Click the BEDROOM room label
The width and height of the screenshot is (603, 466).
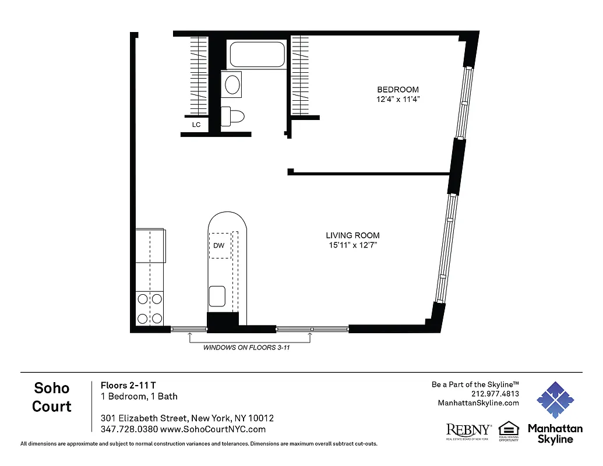click(398, 89)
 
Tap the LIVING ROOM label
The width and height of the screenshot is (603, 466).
click(352, 235)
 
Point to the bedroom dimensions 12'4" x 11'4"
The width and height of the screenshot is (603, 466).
click(398, 100)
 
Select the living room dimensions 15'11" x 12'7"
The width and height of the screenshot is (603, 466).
click(352, 245)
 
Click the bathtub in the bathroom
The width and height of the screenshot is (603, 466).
click(257, 54)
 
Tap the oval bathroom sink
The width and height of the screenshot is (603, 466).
click(232, 84)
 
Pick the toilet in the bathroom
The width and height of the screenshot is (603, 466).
click(234, 116)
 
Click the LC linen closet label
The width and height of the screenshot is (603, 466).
click(196, 124)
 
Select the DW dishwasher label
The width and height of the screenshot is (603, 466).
click(218, 245)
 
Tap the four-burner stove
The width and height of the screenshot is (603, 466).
click(149, 309)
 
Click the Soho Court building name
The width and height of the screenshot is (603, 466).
click(52, 397)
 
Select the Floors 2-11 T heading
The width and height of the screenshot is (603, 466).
click(128, 385)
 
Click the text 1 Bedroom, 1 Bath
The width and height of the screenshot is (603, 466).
click(139, 396)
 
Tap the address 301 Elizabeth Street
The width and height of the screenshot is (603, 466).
click(187, 418)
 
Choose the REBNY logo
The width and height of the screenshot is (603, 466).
click(468, 430)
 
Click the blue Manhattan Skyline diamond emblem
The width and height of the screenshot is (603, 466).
click(555, 401)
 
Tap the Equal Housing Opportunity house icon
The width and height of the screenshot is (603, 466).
click(509, 428)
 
